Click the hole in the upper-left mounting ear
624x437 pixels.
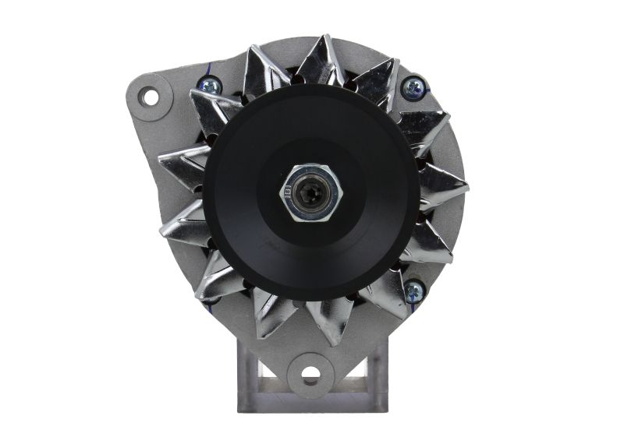[x=147, y=96]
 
